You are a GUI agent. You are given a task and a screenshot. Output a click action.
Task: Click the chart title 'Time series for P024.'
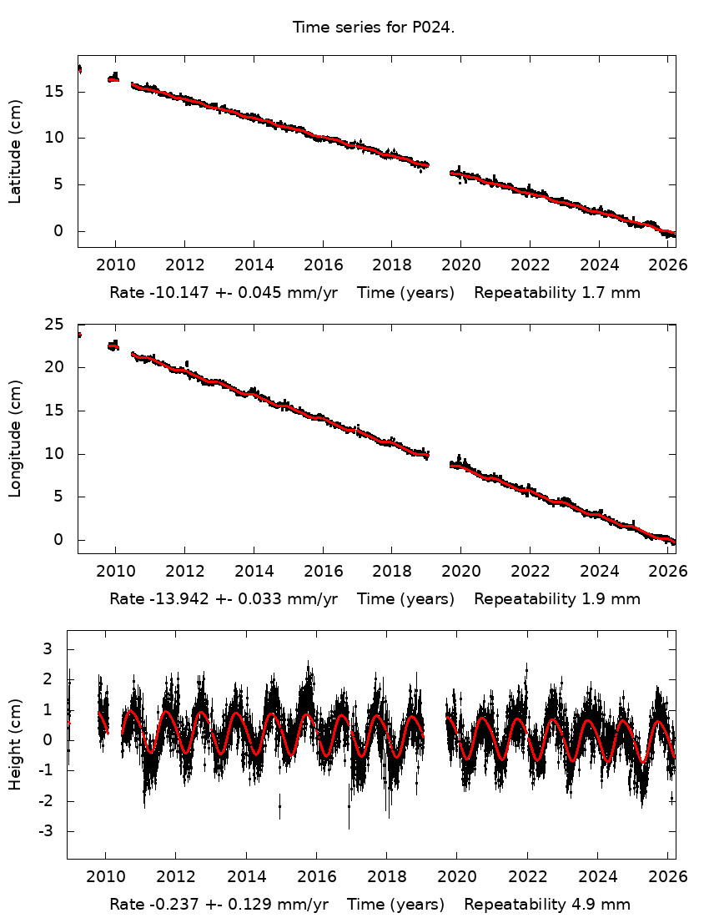[373, 28]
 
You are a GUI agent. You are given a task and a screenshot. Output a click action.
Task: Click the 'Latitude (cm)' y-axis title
[15, 151]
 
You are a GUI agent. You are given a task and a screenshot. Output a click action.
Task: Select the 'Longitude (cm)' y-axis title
[15, 438]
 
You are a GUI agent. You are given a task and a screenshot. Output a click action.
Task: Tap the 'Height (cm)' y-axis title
[15, 744]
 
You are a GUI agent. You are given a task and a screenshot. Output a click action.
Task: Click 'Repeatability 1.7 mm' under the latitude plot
[557, 293]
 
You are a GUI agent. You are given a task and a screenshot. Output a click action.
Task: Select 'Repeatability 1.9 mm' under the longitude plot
[557, 598]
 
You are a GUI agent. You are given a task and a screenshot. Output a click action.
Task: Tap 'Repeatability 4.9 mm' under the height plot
[547, 905]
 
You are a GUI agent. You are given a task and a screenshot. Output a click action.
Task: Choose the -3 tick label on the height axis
[47, 831]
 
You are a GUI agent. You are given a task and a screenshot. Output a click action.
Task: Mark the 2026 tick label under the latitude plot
[668, 265]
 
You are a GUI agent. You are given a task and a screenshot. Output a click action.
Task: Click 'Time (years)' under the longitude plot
[405, 598]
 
